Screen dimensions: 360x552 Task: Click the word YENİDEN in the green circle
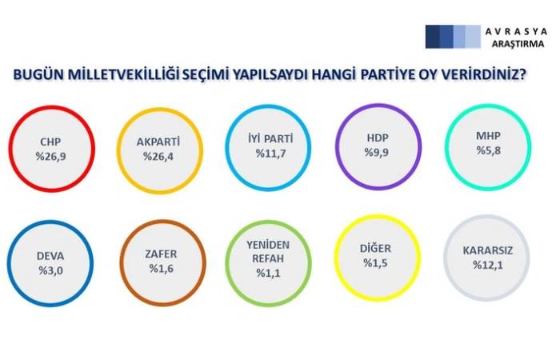pyautogui.click(x=267, y=245)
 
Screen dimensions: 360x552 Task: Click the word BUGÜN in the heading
pyautogui.click(x=38, y=75)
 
